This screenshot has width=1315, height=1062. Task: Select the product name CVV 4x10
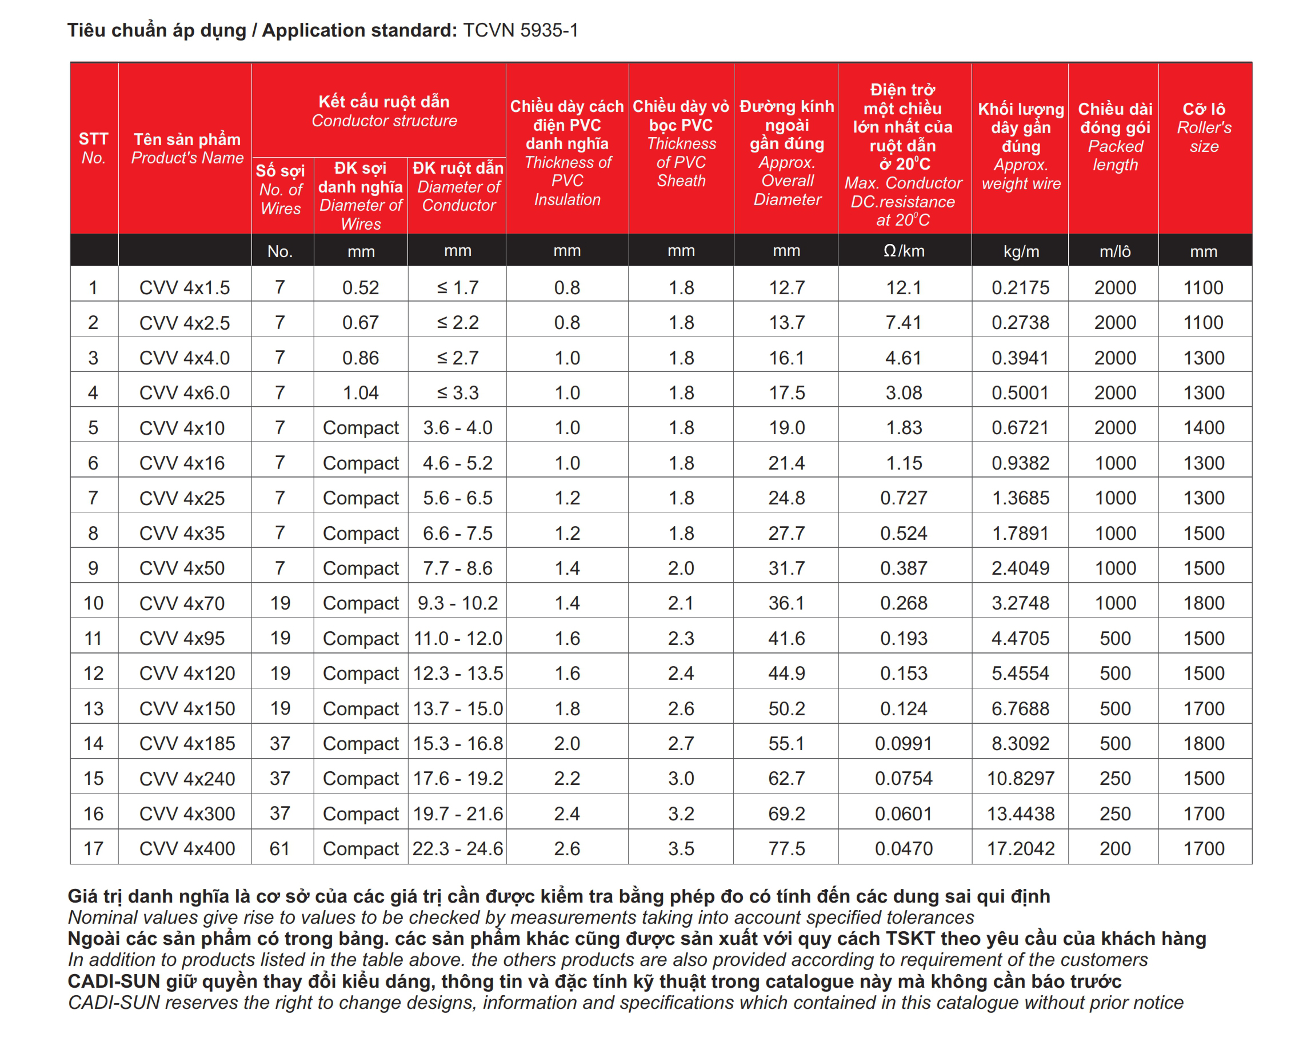182,428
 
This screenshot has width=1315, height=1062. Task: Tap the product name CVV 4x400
187,848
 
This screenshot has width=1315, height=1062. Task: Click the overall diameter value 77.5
786,848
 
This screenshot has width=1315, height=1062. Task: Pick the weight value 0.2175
1020,287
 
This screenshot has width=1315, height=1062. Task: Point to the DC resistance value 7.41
903,322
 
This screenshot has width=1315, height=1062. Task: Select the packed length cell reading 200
1115,848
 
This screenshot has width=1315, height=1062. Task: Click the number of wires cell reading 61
279,848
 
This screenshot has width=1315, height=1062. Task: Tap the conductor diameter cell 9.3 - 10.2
458,603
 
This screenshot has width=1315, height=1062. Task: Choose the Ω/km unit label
903,251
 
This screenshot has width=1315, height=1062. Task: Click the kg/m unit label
1021,251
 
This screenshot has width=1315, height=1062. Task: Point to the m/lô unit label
1115,251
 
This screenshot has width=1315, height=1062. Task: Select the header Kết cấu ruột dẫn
383,102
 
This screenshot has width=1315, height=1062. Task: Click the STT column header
94,139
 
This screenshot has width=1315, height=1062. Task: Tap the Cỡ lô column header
1204,110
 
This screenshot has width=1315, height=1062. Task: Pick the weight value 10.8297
1020,778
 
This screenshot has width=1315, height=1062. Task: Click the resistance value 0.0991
903,743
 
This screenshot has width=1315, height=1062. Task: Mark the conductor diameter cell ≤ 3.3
458,392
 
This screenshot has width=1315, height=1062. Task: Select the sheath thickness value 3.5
681,848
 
